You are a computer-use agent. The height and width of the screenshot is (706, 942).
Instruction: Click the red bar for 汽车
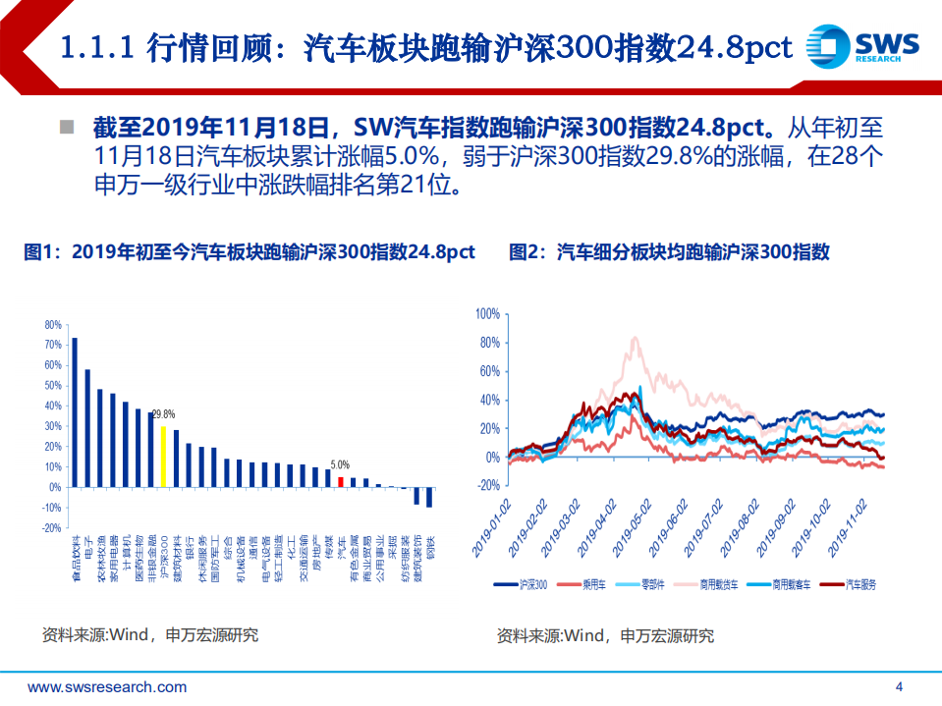coord(340,481)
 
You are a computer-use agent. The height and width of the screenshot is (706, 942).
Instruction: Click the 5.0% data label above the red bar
coord(340,465)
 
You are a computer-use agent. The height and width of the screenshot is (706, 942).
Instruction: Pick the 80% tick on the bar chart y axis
coord(52,324)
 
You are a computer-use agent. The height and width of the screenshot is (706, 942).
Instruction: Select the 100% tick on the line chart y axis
coord(488,314)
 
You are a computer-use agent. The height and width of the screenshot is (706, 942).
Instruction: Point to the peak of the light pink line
coord(635,339)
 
